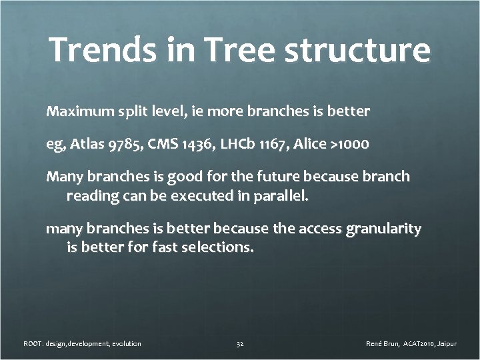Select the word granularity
point(383,229)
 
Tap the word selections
point(219,249)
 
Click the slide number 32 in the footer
point(240,344)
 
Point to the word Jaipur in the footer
point(445,344)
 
